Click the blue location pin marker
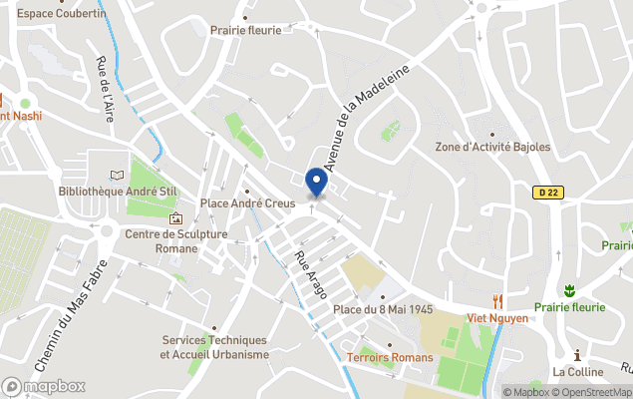[x=316, y=183]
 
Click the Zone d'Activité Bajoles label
[x=492, y=147]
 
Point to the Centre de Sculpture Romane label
[x=176, y=240]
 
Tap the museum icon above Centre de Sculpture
[x=176, y=218]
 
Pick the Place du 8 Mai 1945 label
[x=383, y=309]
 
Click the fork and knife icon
[x=496, y=300]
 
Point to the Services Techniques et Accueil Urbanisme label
[x=215, y=346]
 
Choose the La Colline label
[x=578, y=372]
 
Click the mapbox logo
[x=45, y=386]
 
